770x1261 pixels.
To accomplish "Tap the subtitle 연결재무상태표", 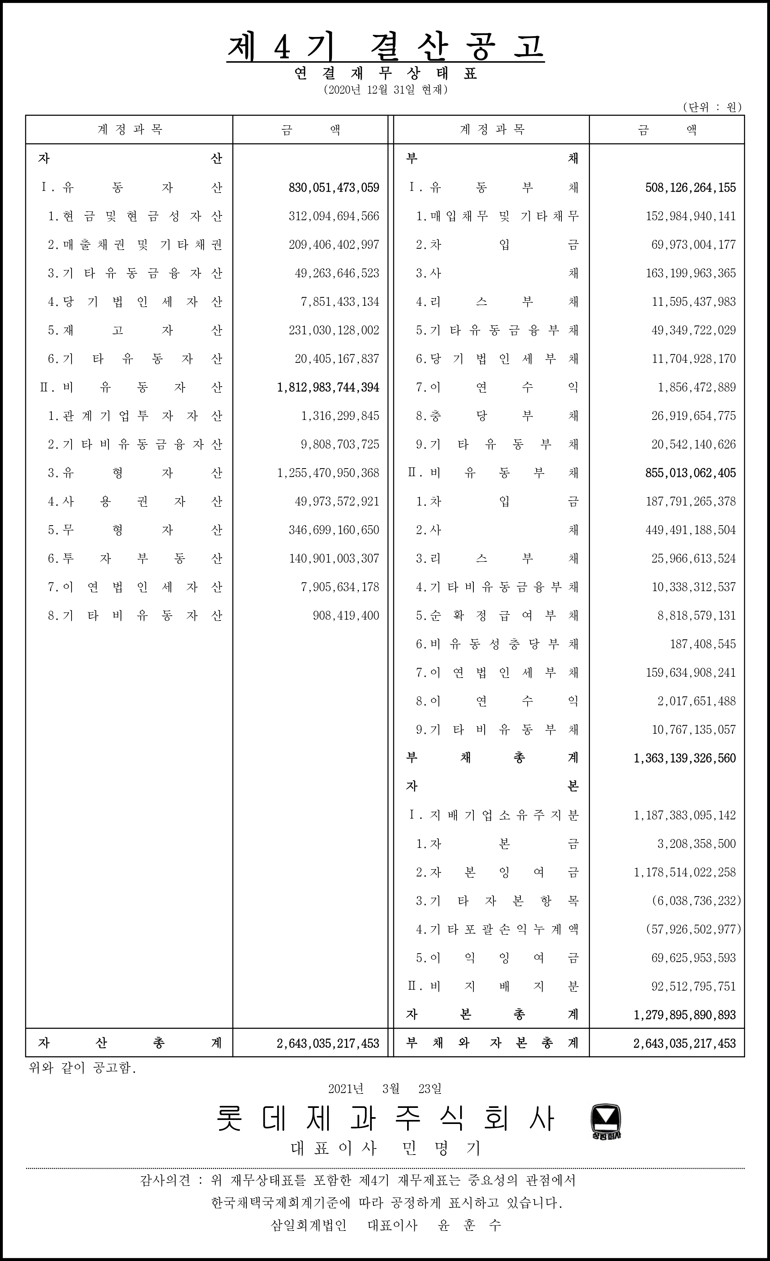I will tap(385, 74).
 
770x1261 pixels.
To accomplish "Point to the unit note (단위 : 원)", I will tap(712, 107).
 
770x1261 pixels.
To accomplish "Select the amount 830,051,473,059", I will tap(334, 188).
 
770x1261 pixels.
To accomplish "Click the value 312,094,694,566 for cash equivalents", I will tap(334, 217).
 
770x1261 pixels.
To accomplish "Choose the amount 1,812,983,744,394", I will tap(328, 387).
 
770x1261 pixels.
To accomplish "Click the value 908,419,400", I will tap(346, 616).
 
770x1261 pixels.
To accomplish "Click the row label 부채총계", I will tap(491, 758).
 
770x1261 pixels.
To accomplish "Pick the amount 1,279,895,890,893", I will tap(684, 1014).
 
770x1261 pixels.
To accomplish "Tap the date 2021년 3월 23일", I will tap(385, 1089).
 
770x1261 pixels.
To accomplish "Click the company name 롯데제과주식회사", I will tap(385, 1118).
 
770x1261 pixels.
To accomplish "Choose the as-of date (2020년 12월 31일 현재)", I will tap(385, 90).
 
